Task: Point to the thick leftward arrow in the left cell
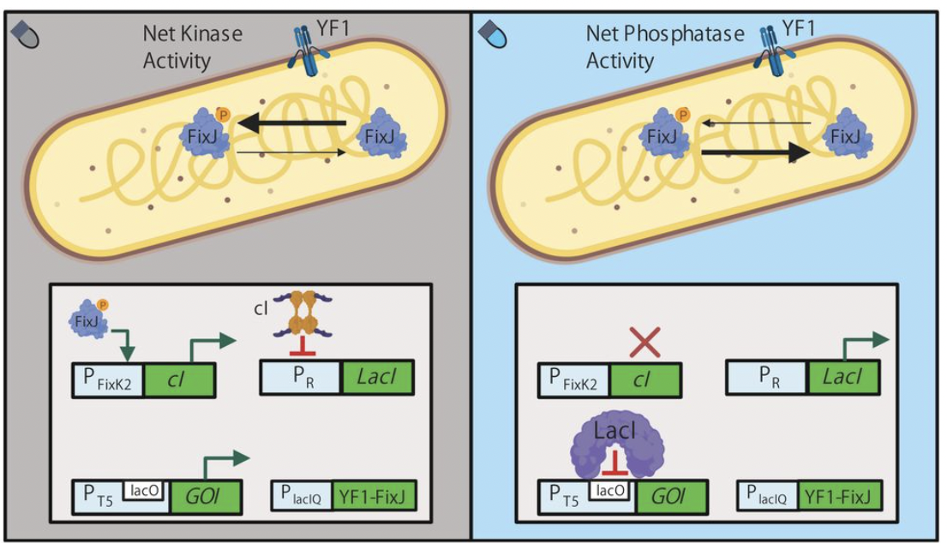[292, 124]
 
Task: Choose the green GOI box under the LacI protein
[672, 496]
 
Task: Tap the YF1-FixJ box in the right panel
[839, 496]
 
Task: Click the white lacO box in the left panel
[146, 489]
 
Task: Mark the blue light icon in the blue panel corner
[495, 35]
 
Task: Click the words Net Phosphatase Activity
[656, 48]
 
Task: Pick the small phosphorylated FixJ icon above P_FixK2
[87, 320]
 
